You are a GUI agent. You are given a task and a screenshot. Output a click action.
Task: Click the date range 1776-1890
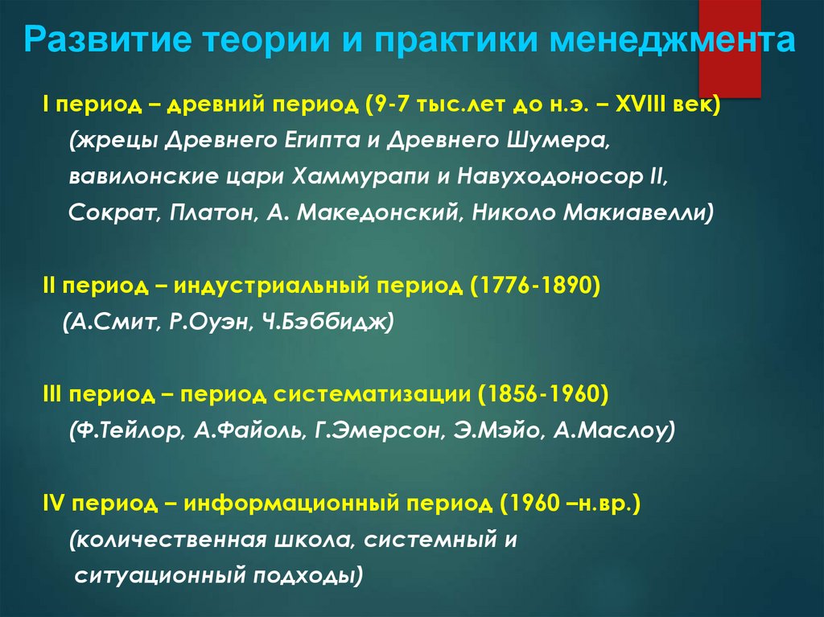[536, 286]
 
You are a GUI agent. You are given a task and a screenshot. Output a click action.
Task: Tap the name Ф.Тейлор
[126, 430]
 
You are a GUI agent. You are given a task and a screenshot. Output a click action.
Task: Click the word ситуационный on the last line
[161, 575]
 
